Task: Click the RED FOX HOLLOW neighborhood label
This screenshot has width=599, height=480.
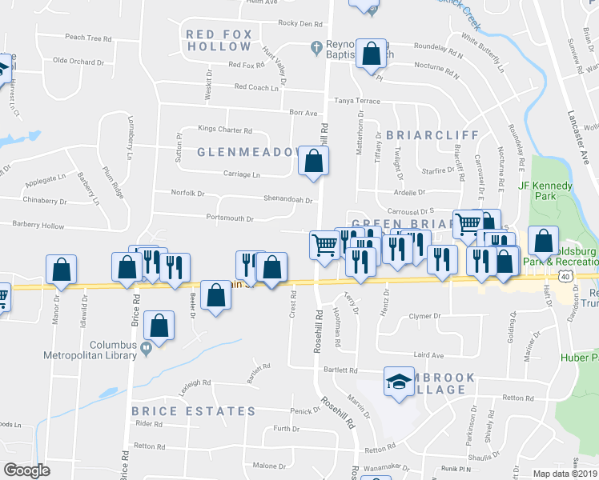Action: tap(219, 40)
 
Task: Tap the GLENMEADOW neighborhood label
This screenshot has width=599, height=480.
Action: tap(241, 151)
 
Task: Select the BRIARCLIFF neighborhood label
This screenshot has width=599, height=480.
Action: tap(432, 135)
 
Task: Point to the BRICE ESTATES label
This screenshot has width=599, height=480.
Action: tap(194, 411)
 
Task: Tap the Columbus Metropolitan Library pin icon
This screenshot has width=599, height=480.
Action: tap(145, 348)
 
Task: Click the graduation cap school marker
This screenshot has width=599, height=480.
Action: tap(399, 382)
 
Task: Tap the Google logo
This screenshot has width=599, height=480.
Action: tap(26, 470)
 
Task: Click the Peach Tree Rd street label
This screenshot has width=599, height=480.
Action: tap(88, 38)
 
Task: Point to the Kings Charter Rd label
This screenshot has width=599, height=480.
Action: tap(225, 130)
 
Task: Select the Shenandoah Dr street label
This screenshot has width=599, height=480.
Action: tap(287, 199)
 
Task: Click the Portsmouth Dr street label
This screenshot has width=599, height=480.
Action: tap(230, 218)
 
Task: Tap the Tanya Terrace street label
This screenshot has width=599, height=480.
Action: tap(357, 101)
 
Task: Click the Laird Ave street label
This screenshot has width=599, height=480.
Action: tap(428, 354)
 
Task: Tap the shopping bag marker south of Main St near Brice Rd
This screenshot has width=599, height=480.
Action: tap(160, 326)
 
